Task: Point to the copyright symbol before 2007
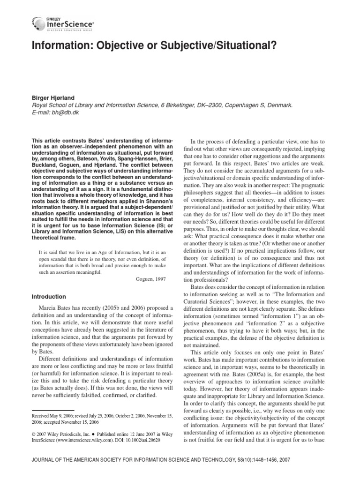(x=34, y=434)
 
